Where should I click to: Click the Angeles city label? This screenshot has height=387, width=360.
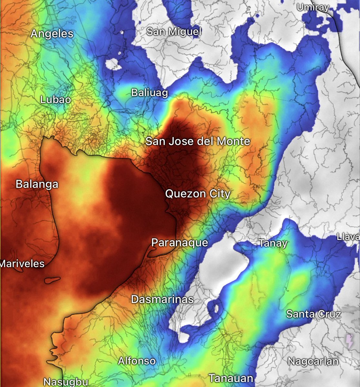click(x=52, y=34)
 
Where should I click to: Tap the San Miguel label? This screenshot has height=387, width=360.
click(x=174, y=32)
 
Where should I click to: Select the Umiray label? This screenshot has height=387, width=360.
click(x=313, y=7)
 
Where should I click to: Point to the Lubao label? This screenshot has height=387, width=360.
click(x=56, y=100)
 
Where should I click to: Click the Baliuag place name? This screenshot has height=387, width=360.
click(x=149, y=93)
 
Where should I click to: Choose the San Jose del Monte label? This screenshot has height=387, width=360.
click(x=198, y=141)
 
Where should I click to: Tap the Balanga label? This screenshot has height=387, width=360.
click(x=37, y=184)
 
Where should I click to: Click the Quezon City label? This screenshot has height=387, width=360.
click(x=198, y=194)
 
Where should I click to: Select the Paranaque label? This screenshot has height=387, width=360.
click(x=180, y=243)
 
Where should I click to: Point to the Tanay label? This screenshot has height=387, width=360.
click(x=273, y=243)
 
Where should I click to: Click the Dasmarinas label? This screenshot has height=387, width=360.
click(x=162, y=299)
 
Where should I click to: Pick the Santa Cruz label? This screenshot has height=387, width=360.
click(x=314, y=314)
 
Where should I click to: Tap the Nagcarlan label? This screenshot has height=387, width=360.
click(x=313, y=361)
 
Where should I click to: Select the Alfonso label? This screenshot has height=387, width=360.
click(x=137, y=361)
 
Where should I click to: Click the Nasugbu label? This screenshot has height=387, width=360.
click(x=66, y=382)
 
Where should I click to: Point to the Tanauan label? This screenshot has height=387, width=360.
click(x=231, y=378)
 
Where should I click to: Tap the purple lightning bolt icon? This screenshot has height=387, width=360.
click(x=350, y=341)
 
